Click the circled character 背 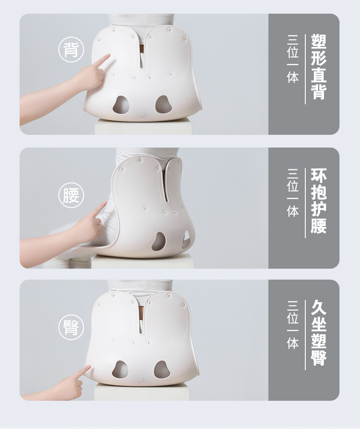(x=71, y=50)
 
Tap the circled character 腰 (x=71, y=195)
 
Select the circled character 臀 (x=71, y=327)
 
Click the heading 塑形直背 (x=319, y=67)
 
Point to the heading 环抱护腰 (x=319, y=201)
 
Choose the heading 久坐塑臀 (x=319, y=333)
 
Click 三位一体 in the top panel (x=293, y=59)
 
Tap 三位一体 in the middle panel (x=293, y=193)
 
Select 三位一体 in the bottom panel (x=293, y=325)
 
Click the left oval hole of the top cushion (x=121, y=105)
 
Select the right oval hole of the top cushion (x=164, y=104)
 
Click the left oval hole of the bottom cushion (x=120, y=370)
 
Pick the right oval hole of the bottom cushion (x=162, y=370)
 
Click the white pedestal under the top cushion (x=143, y=128)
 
